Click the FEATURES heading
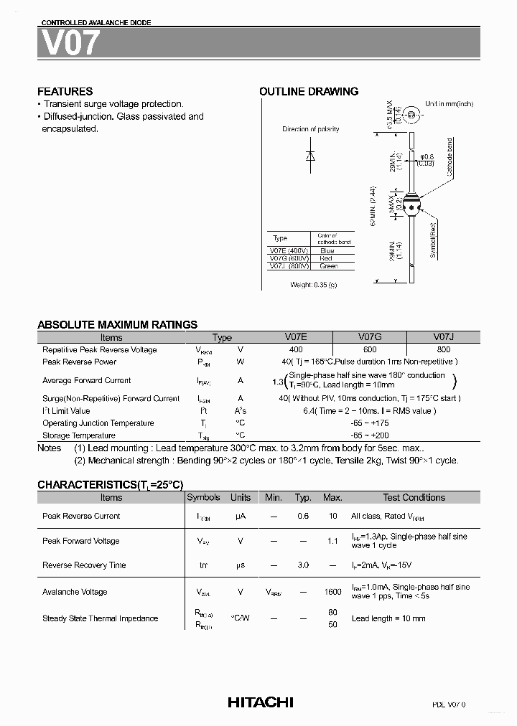(65, 91)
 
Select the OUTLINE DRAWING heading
(308, 91)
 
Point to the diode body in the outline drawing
(411, 204)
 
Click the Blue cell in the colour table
(326, 250)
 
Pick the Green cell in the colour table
(328, 266)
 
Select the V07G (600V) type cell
(289, 258)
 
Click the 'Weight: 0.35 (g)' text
(313, 285)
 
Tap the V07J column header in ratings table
(443, 337)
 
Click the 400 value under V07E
(296, 349)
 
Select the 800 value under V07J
(443, 349)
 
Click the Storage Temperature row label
(79, 435)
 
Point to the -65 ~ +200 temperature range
(369, 435)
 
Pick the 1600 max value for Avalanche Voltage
(332, 592)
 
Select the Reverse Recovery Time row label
(84, 565)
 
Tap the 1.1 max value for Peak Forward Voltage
(332, 541)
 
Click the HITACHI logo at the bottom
(260, 702)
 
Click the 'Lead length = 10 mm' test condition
(388, 618)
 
